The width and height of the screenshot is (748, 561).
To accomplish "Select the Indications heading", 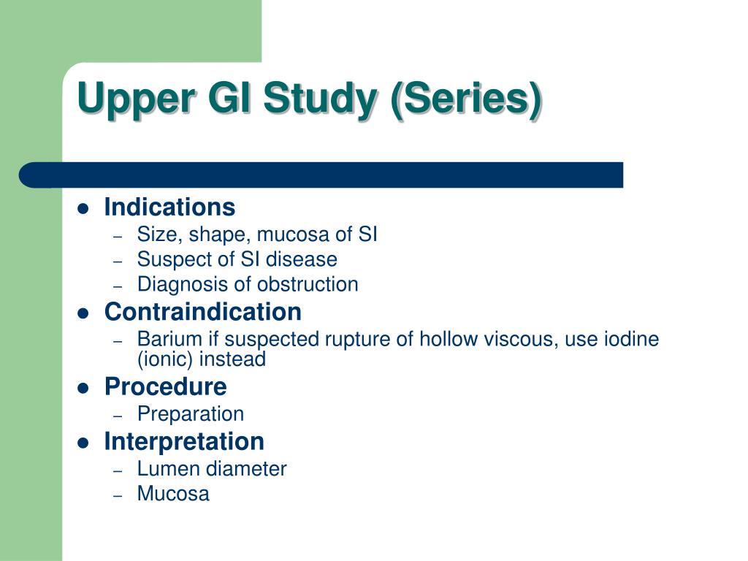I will (x=169, y=207).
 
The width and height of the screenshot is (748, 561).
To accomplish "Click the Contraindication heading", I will (x=202, y=312).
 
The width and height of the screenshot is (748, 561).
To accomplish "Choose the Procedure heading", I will (x=165, y=386).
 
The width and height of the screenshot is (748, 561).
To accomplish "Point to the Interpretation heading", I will (x=184, y=441).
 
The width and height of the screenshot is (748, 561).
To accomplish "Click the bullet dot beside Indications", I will (x=83, y=209).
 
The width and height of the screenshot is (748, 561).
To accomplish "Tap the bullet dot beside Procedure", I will (x=83, y=388).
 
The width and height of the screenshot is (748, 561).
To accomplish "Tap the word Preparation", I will (x=191, y=414).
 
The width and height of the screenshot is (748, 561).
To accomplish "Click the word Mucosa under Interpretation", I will (x=173, y=494).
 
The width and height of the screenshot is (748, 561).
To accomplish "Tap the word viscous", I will (x=521, y=340).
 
